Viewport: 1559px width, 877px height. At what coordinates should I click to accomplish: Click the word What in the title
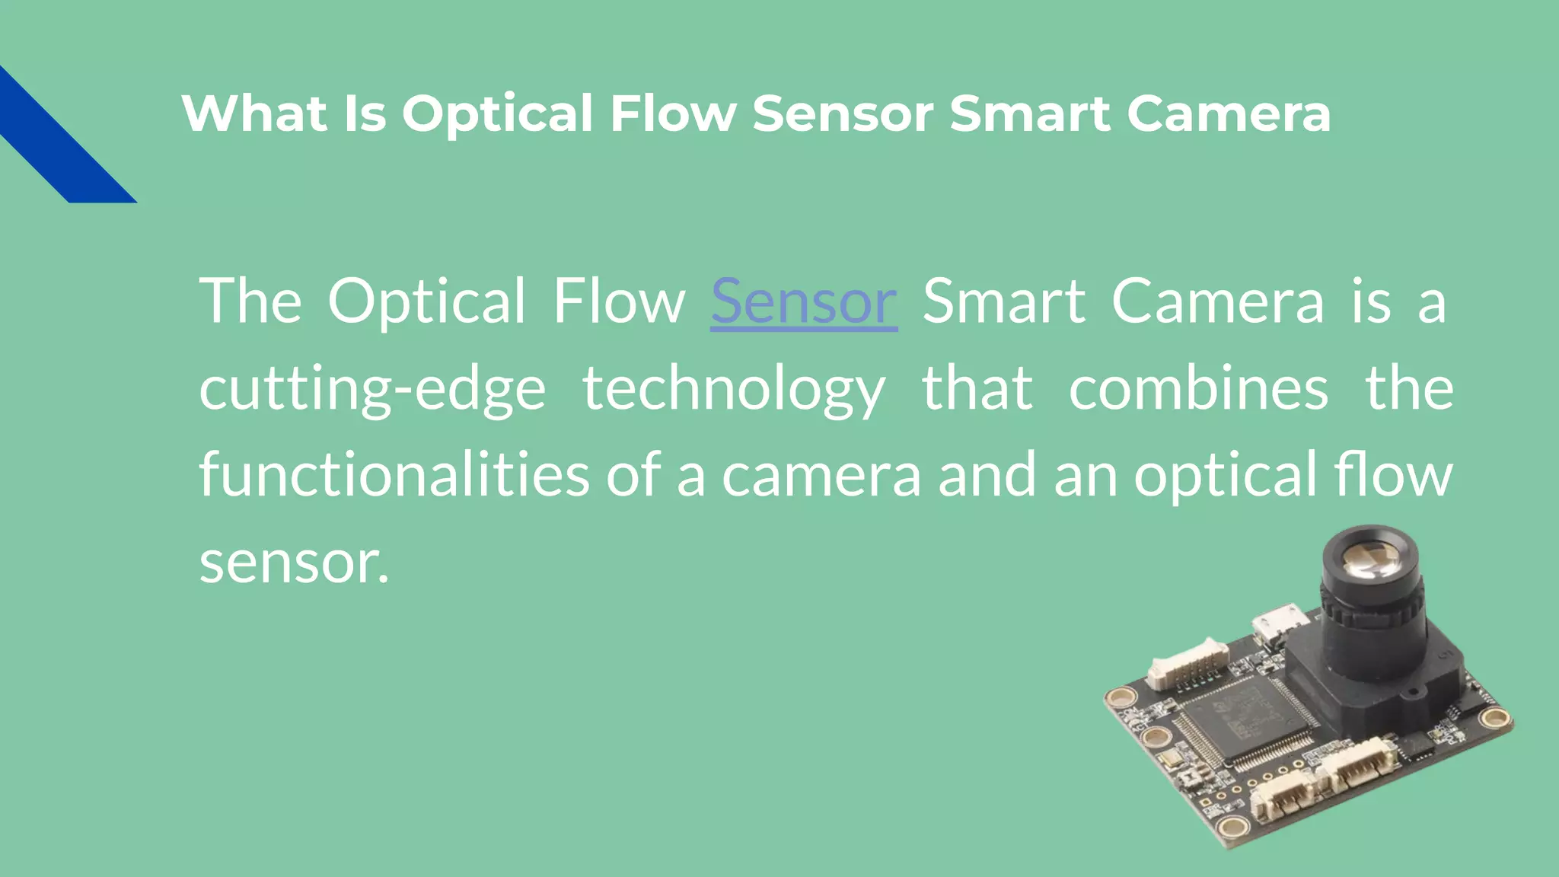(255, 114)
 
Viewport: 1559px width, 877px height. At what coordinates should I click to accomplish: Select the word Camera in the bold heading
(1228, 114)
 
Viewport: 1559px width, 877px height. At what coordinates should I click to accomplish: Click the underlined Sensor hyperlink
(804, 301)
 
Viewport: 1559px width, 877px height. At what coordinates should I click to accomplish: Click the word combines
(1198, 388)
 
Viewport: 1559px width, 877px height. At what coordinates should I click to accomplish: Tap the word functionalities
(394, 475)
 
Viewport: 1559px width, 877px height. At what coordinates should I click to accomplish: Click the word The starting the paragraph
(250, 301)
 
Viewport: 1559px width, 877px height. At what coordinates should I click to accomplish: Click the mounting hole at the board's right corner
(1494, 717)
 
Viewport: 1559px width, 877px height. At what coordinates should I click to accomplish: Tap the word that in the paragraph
(977, 388)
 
